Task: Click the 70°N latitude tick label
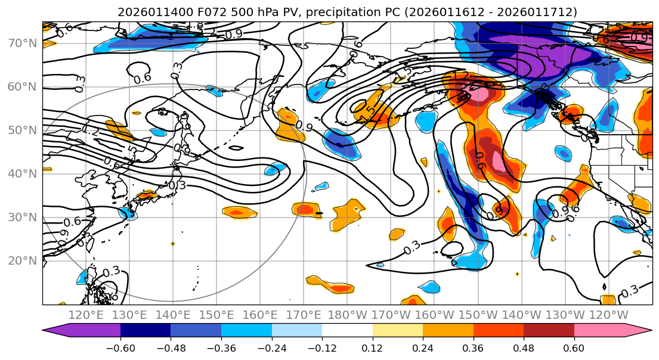pyautogui.click(x=23, y=43)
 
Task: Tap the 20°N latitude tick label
pyautogui.click(x=23, y=260)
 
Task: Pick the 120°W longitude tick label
pyautogui.click(x=609, y=315)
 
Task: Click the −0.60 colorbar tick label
pyautogui.click(x=120, y=347)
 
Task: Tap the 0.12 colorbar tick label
pyautogui.click(x=372, y=347)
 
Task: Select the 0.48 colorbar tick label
pyautogui.click(x=524, y=347)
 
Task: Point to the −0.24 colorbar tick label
pyautogui.click(x=271, y=347)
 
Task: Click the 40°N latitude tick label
pyautogui.click(x=23, y=173)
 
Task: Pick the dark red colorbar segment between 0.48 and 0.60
pyautogui.click(x=549, y=331)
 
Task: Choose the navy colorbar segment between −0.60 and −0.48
pyautogui.click(x=146, y=331)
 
